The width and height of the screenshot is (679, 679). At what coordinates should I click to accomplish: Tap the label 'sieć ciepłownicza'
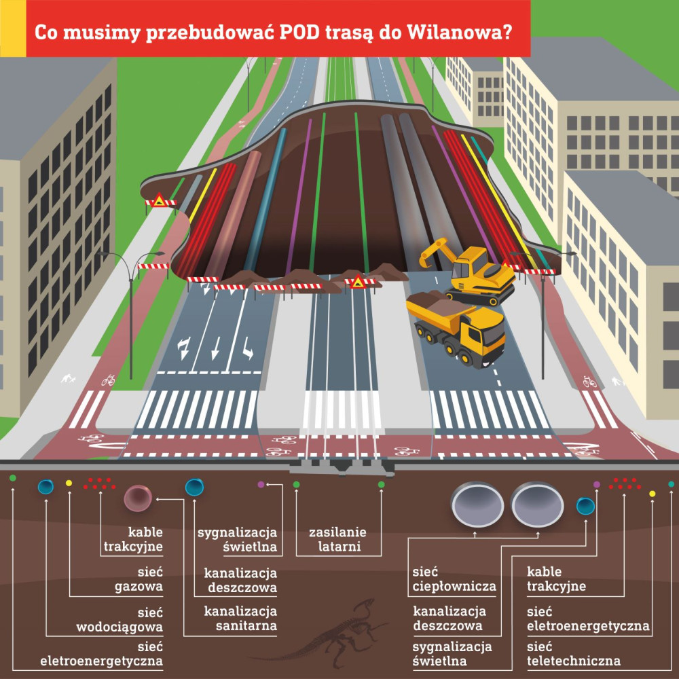[x=454, y=579]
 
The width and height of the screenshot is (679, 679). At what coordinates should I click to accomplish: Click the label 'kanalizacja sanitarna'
[x=241, y=618]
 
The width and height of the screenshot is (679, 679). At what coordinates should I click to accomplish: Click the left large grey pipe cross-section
[x=477, y=504]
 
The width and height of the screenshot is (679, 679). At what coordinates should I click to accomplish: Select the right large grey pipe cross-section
[x=537, y=504]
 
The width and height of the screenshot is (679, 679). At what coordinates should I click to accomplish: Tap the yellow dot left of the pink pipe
[x=69, y=483]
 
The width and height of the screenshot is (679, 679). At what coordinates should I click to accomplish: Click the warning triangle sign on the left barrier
[x=159, y=200]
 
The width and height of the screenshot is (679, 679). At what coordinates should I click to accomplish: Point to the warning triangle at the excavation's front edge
[x=356, y=279]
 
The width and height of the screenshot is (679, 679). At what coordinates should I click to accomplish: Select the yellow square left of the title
[x=12, y=29]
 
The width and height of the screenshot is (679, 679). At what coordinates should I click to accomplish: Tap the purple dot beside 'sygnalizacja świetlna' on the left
[x=261, y=485]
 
